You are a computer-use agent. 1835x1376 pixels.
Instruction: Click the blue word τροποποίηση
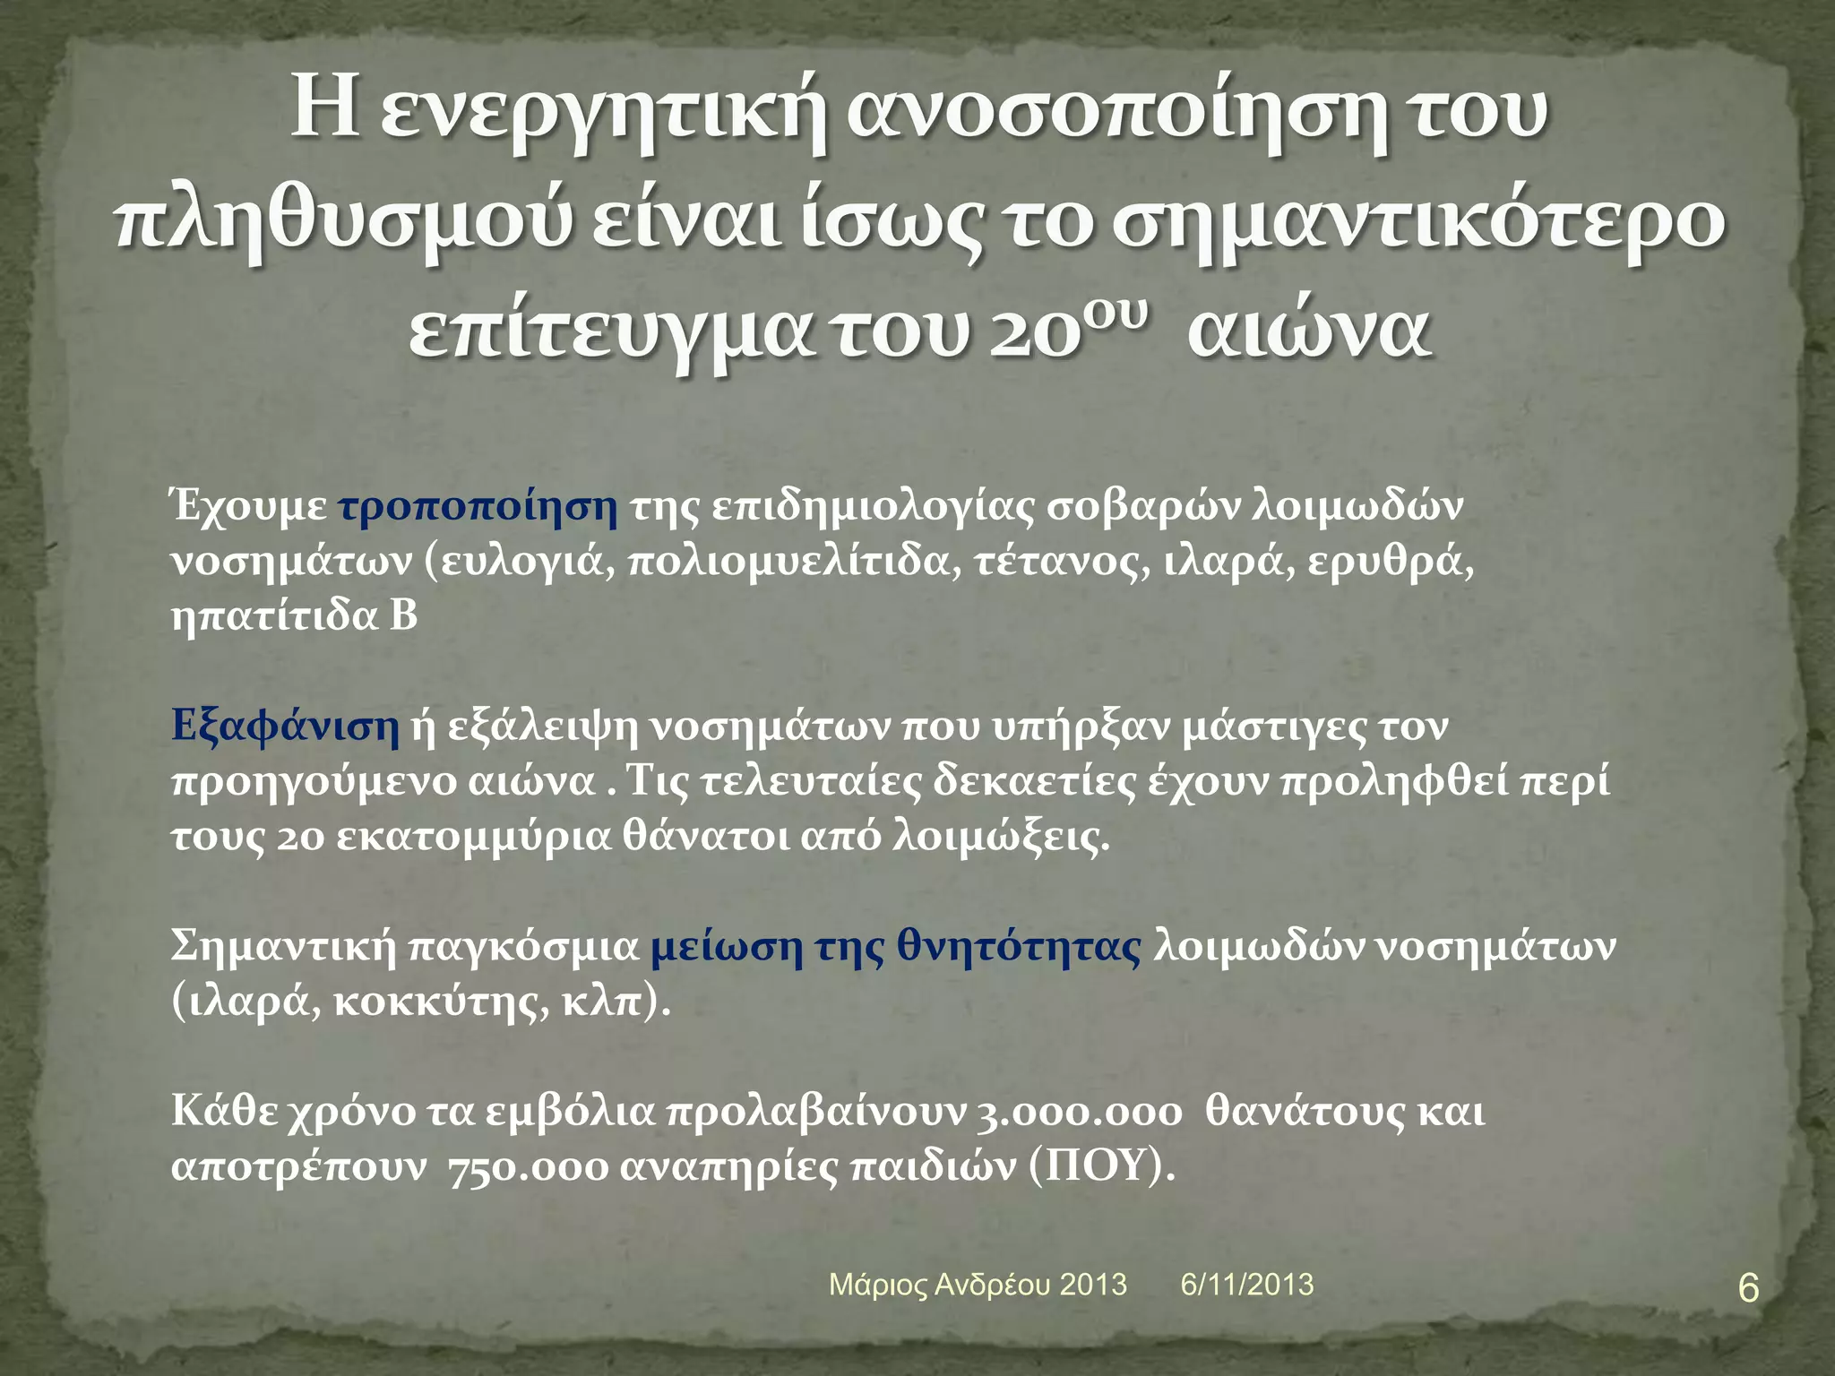click(478, 506)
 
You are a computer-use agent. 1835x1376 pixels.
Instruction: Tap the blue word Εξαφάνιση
click(285, 725)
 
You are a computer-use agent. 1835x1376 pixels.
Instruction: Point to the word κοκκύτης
click(438, 1002)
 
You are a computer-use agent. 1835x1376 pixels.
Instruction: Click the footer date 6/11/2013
click(1247, 1284)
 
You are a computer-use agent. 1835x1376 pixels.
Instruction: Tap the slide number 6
click(1748, 1289)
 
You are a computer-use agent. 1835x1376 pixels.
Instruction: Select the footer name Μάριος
click(878, 1285)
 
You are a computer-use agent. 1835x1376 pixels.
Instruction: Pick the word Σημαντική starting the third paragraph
click(283, 947)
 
